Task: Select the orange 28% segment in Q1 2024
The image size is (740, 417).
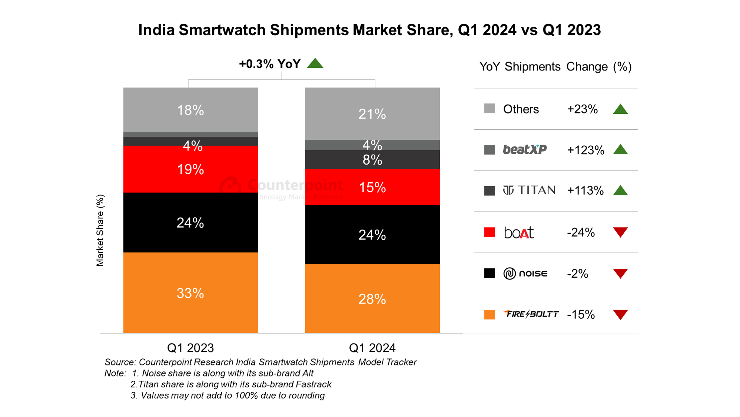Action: [372, 298]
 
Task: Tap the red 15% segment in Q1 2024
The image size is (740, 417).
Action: [372, 187]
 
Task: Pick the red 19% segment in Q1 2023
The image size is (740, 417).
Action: [190, 169]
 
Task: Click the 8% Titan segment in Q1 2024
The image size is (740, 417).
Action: [372, 160]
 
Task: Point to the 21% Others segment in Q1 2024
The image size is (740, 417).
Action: [372, 114]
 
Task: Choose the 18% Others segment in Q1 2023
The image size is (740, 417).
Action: [190, 110]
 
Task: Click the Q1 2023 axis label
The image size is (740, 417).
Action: [190, 348]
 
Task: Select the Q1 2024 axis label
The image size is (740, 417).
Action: [372, 348]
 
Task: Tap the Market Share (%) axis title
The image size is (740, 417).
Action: [100, 230]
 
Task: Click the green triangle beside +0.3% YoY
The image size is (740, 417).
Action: [315, 63]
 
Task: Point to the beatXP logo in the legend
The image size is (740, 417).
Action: [525, 150]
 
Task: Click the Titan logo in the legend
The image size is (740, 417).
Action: [529, 191]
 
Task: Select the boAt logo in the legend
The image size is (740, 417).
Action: [519, 232]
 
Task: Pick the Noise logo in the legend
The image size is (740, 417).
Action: [525, 274]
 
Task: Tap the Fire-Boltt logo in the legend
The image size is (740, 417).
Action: [531, 314]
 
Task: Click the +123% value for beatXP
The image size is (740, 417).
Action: [585, 150]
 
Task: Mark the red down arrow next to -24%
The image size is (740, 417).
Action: [620, 232]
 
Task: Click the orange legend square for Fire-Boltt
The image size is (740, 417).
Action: [490, 314]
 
